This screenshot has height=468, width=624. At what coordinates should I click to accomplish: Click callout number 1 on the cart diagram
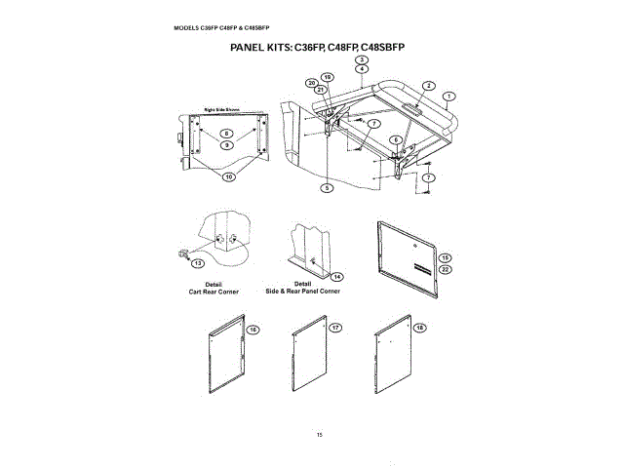point(448,97)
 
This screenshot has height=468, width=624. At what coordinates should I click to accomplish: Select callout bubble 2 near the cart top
point(428,86)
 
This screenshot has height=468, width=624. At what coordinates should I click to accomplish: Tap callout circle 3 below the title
point(362,60)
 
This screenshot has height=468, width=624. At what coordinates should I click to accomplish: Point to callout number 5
point(328,186)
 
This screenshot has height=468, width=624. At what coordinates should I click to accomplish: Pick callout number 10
point(229,177)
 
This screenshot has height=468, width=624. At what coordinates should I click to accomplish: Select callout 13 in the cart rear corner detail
point(198,263)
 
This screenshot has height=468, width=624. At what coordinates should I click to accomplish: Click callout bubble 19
point(328,77)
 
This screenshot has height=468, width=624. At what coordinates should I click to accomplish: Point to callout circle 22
point(445,269)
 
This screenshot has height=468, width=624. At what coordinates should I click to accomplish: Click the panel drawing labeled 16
point(229,356)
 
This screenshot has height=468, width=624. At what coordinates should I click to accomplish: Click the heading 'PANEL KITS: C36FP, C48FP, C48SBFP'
point(316,47)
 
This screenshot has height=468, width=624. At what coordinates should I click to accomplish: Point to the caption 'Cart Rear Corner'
point(207,292)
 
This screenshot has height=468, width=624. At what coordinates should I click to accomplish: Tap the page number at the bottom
point(319,434)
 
